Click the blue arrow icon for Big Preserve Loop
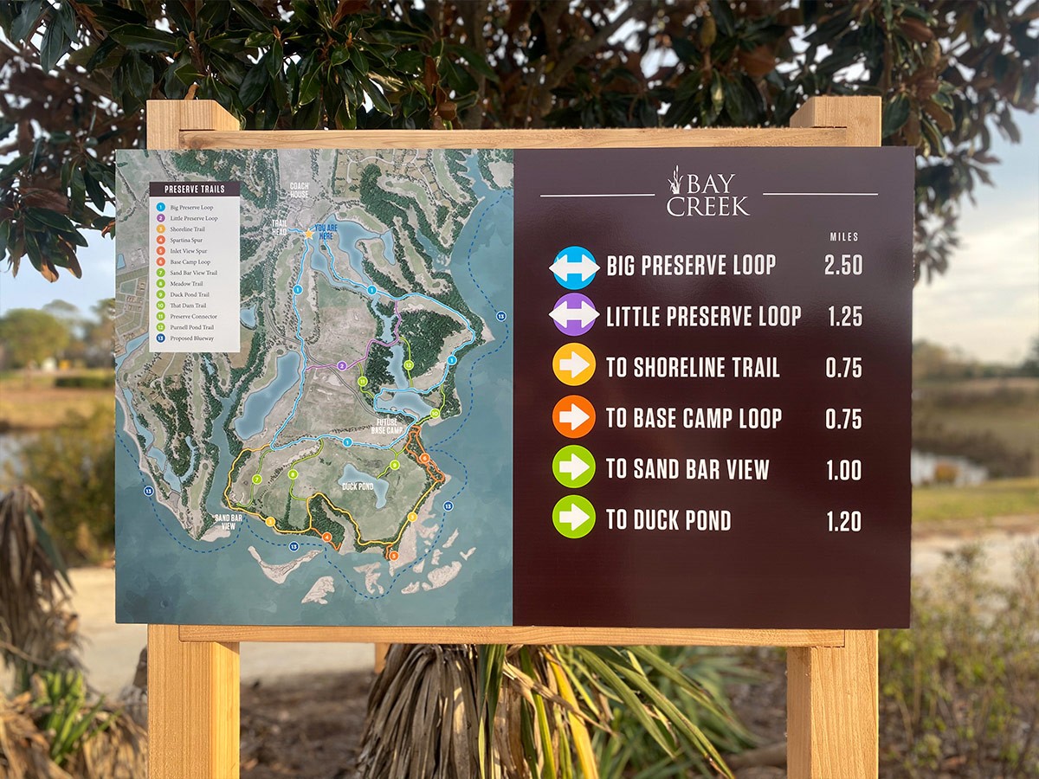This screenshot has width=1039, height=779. [x=574, y=267]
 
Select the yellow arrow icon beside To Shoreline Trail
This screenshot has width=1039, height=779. [x=574, y=365]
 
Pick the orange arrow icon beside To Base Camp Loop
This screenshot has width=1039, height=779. [x=574, y=417]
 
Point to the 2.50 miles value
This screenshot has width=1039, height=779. [x=843, y=266]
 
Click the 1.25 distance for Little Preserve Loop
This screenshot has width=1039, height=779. [x=844, y=317]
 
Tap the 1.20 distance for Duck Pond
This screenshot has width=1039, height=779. [x=843, y=521]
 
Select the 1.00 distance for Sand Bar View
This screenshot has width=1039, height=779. [x=843, y=470]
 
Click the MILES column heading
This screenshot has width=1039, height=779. [x=844, y=237]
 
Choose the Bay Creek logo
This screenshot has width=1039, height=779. [x=707, y=193]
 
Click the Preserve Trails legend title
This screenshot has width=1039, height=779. [x=194, y=189]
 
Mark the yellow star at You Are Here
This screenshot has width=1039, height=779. [x=307, y=234]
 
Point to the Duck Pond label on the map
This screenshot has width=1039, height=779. [x=358, y=486]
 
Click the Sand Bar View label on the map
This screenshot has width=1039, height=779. [x=228, y=521]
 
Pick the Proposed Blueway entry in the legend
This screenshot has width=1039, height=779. [x=192, y=338]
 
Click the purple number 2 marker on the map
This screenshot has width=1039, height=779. [x=343, y=366]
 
